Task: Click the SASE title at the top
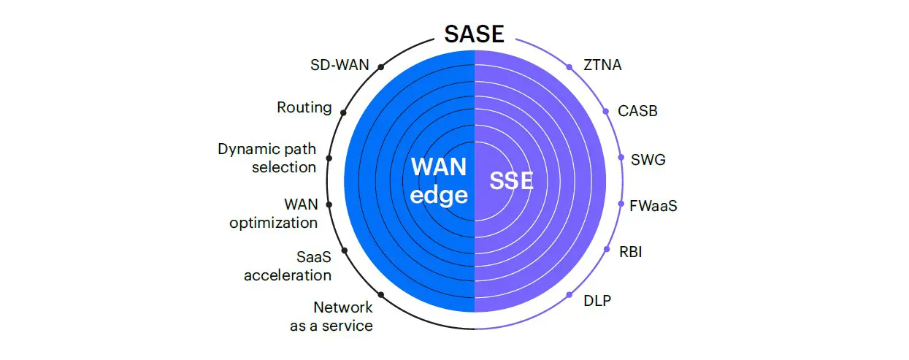tap(475, 34)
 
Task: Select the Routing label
tap(304, 107)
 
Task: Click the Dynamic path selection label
tap(267, 158)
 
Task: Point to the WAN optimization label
tap(273, 212)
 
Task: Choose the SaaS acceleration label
tap(288, 266)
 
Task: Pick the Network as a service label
tap(331, 316)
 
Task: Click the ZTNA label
tap(603, 65)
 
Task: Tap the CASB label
tap(637, 111)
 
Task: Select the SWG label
tap(648, 158)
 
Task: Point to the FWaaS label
tap(653, 205)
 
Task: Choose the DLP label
tap(597, 300)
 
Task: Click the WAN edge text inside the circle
tap(438, 180)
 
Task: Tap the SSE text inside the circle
tap(511, 181)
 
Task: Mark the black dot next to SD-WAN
tap(380, 68)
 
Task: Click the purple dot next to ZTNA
tap(569, 67)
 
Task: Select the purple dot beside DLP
tap(569, 294)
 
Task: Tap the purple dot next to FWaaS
tap(621, 204)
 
